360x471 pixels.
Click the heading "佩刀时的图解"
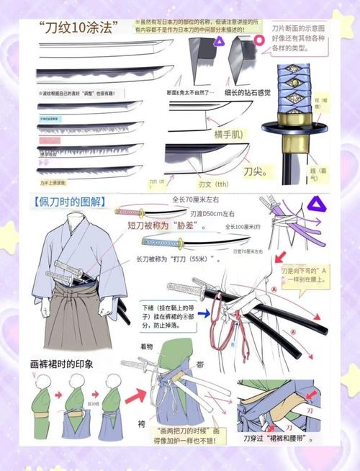(x=69, y=202)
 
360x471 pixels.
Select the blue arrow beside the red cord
(x=215, y=314)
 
